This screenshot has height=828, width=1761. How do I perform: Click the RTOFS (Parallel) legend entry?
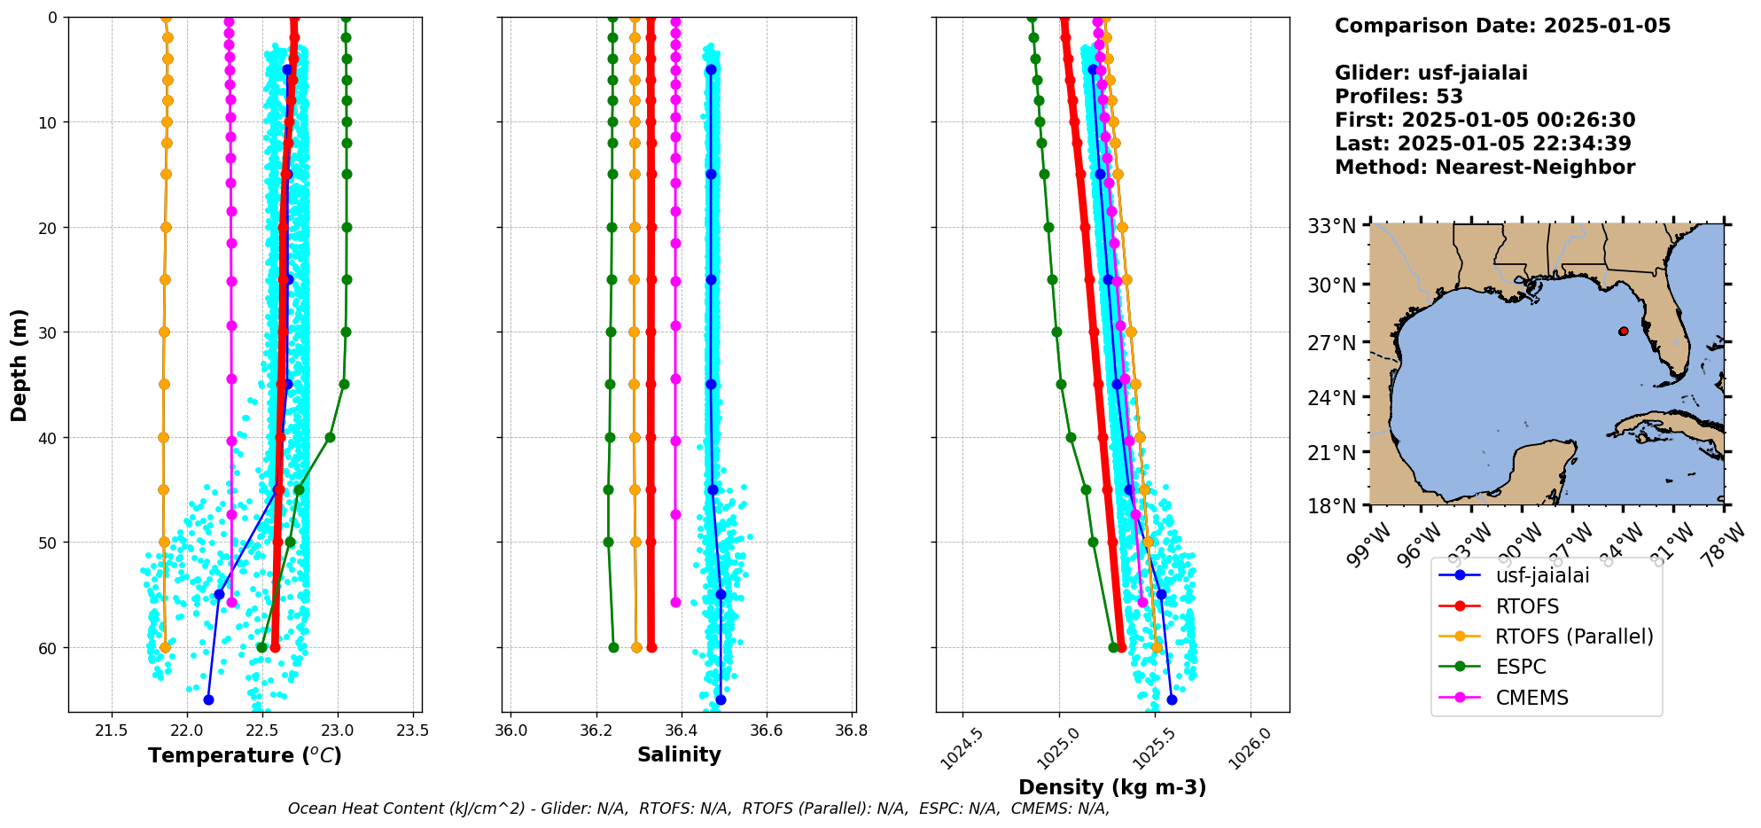click(1573, 637)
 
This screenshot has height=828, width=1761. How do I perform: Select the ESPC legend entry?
click(1520, 667)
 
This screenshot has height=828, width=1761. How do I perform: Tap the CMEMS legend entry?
click(1531, 698)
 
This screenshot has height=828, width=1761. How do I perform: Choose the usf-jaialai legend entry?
click(1542, 575)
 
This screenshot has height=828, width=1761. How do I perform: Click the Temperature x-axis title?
click(245, 755)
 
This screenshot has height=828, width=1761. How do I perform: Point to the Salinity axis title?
click(679, 754)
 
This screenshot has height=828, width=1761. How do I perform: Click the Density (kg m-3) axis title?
click(1112, 787)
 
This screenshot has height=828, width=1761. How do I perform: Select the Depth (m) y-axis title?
click(19, 364)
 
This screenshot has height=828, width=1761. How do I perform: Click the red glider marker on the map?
click(1623, 332)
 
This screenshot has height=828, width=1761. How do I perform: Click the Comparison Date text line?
click(1502, 26)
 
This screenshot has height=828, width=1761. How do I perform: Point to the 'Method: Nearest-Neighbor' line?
click(1484, 168)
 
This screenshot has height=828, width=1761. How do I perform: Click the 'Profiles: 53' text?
click(1399, 97)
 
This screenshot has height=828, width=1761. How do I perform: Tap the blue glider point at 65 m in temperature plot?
click(208, 699)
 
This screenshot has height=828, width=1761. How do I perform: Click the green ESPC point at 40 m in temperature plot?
click(330, 437)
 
